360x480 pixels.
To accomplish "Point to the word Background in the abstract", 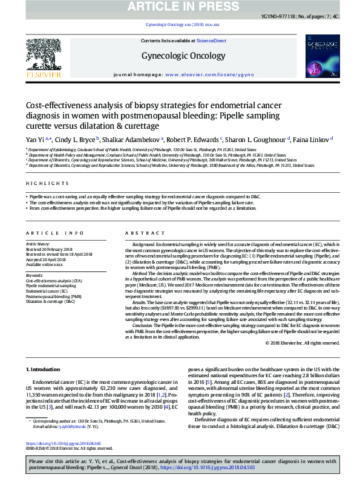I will pos(143,244).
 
